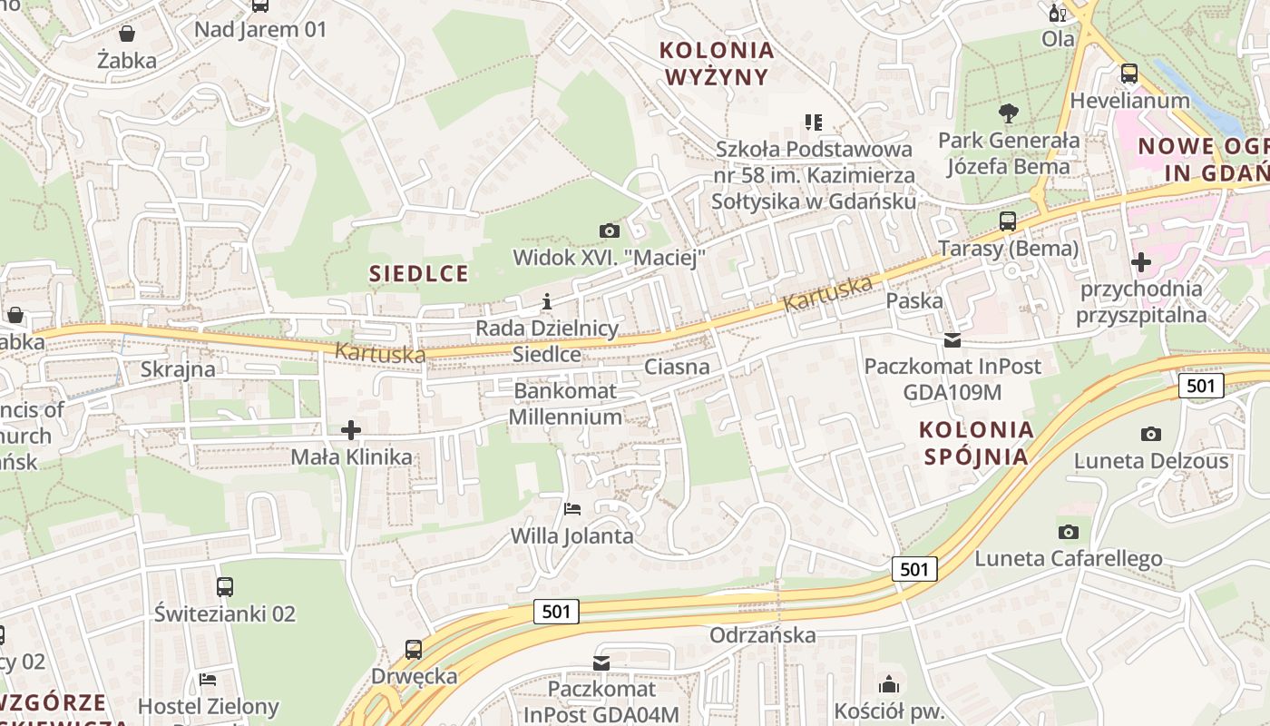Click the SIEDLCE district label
[419, 273]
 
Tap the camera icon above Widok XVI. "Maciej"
[610, 231]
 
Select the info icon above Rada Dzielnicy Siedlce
[547, 301]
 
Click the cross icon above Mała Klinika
[351, 430]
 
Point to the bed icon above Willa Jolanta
[572, 508]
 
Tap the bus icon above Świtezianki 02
[225, 587]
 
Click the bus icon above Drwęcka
[414, 650]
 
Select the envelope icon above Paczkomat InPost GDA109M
[952, 340]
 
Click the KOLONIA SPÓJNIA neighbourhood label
[976, 442]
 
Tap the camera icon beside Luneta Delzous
[1151, 435]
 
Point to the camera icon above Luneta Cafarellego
[1069, 532]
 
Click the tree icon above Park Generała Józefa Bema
[1008, 113]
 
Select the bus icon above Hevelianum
[1129, 74]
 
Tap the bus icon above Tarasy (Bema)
[1008, 221]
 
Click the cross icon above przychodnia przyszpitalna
[1141, 263]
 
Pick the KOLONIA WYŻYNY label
[717, 63]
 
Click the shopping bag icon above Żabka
[127, 34]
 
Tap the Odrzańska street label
[763, 634]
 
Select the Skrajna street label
[178, 369]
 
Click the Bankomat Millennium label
[565, 404]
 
